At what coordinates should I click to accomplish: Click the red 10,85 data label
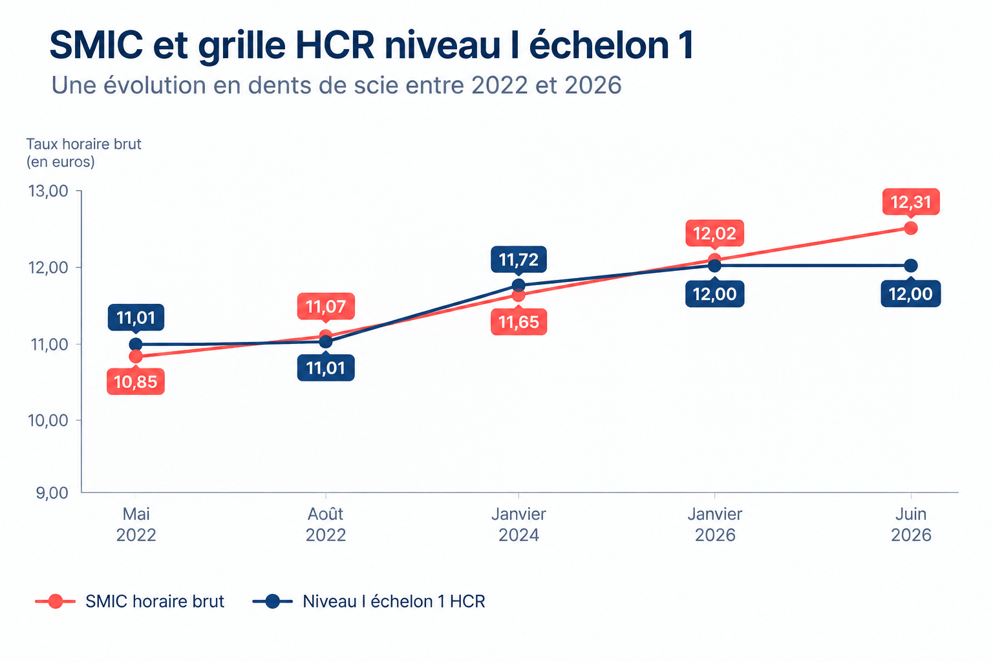tap(136, 381)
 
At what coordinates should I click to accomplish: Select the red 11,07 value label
tap(326, 306)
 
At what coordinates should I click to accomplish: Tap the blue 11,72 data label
tap(518, 259)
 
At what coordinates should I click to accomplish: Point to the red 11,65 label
tap(518, 322)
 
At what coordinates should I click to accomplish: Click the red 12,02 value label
tap(714, 233)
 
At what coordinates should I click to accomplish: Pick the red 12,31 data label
tap(911, 202)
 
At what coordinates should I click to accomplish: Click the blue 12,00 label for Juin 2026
tap(911, 294)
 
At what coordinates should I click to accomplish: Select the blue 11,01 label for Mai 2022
tap(136, 317)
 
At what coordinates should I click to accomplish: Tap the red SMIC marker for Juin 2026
tap(911, 228)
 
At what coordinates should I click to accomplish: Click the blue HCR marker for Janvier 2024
tap(518, 285)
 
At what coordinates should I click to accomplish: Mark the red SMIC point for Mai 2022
tap(136, 356)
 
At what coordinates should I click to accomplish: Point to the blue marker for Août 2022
tap(326, 342)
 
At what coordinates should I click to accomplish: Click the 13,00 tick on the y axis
tap(48, 191)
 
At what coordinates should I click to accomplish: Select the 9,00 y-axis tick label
tap(52, 493)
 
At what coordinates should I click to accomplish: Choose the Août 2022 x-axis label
tap(326, 524)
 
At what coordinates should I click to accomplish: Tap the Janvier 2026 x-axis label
tap(714, 524)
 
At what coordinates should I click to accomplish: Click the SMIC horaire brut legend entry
tap(130, 601)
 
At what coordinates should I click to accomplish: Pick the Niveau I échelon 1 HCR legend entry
tap(369, 601)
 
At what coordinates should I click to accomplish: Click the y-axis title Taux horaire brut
tap(84, 144)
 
